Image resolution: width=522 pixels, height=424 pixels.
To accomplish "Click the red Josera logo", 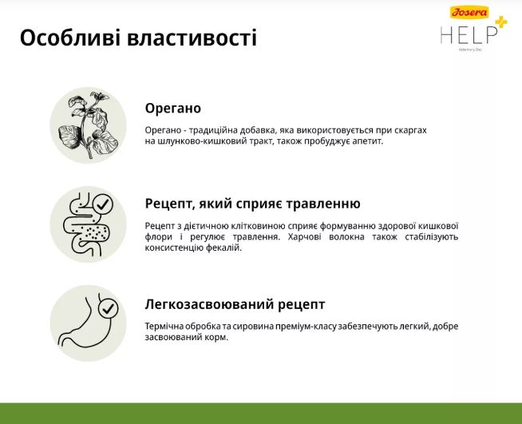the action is pyautogui.click(x=469, y=12).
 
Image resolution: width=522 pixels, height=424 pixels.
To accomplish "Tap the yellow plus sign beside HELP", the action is pyautogui.click(x=501, y=22).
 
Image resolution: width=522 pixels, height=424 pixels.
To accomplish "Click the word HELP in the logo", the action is pyautogui.click(x=469, y=35).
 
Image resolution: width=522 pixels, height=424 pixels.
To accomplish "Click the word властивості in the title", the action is pyautogui.click(x=192, y=38).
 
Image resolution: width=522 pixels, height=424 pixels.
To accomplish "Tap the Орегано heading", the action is pyautogui.click(x=172, y=109).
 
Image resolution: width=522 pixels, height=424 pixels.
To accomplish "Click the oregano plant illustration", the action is pyautogui.click(x=89, y=125).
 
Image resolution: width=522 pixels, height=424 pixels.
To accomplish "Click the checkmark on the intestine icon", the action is pyautogui.click(x=102, y=204).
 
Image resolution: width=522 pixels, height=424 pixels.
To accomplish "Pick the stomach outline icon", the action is pyautogui.click(x=84, y=323).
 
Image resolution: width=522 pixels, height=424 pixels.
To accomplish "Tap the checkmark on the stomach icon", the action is pyautogui.click(x=108, y=309).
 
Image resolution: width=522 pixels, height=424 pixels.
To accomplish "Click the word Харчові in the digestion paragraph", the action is pyautogui.click(x=304, y=237).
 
